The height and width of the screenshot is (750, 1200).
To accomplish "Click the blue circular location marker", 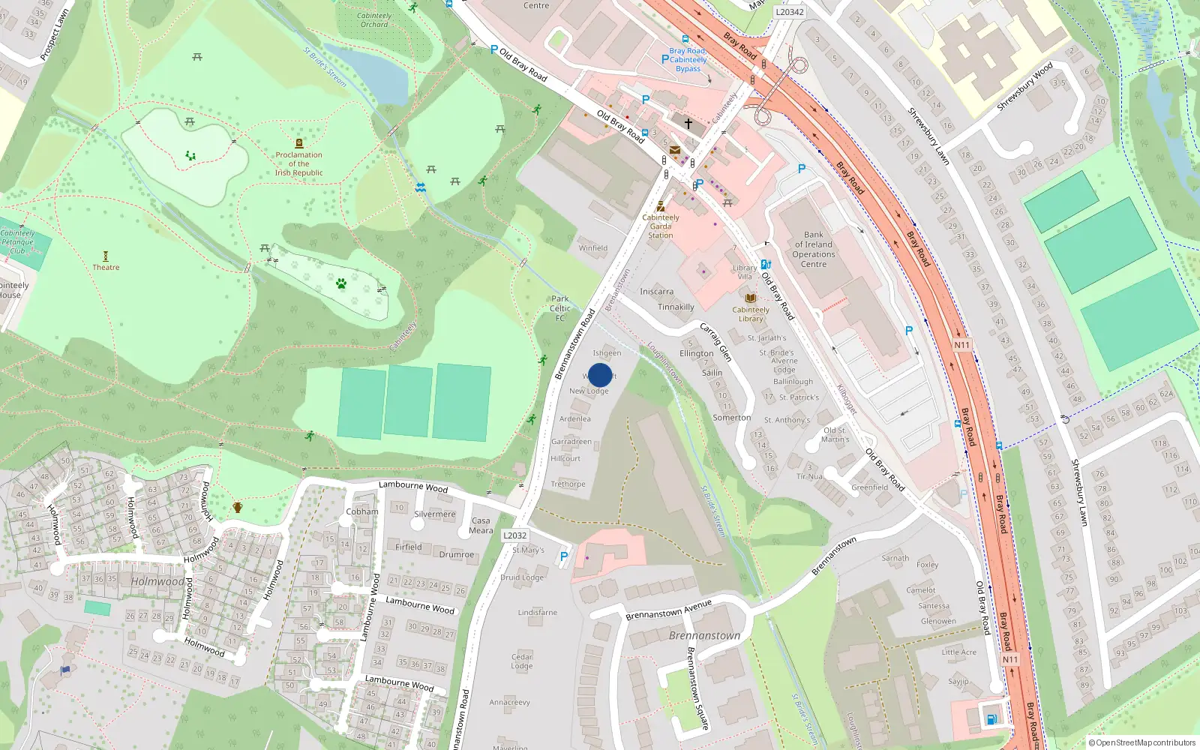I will point(600,375).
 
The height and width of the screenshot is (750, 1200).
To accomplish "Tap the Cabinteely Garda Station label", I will point(661,226).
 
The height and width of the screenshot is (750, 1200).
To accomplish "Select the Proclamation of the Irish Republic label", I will point(298,163).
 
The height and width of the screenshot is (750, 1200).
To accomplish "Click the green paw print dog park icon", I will point(341,283).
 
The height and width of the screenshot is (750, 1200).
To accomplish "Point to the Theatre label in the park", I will point(106,267).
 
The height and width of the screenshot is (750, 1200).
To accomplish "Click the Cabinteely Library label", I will point(751,313).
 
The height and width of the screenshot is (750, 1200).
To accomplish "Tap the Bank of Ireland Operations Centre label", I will point(814,249).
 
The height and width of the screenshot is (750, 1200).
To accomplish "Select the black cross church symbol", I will point(688,123).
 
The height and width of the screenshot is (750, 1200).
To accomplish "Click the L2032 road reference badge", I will point(515,535).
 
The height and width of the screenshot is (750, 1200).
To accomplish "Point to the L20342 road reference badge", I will point(789,12).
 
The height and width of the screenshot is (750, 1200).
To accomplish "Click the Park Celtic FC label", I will point(560,308).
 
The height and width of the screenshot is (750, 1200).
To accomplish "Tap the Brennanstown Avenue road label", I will point(668,609).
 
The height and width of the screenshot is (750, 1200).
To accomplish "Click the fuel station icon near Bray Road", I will point(991,718).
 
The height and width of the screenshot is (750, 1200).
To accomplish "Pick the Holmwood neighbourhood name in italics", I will point(157,581).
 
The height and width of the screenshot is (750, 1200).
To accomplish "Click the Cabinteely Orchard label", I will point(374,19).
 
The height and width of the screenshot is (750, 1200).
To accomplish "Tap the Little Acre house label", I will point(958,652).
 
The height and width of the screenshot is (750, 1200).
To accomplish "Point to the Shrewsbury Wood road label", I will point(1024,88).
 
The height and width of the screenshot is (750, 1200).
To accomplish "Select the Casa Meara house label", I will point(481,525).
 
